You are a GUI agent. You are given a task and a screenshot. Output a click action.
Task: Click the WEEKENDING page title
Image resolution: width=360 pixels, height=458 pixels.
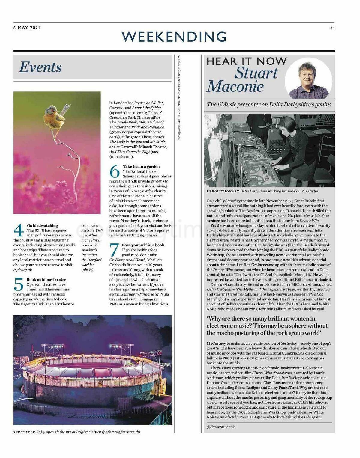pos(174,37)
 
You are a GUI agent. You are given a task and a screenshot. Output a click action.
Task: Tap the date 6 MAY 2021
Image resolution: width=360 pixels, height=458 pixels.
pos(27,28)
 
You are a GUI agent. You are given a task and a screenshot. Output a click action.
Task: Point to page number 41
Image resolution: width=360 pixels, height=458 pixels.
pos(332,28)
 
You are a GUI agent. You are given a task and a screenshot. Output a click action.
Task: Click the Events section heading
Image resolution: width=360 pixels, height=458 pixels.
pos(40,67)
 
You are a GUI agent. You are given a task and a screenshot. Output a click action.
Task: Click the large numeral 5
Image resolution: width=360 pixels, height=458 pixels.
pos(19,284)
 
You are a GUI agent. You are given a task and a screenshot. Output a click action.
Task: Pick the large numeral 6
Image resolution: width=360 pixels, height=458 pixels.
pos(115,171)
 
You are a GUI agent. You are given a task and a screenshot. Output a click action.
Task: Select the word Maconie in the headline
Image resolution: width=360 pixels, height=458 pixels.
pos(235,86)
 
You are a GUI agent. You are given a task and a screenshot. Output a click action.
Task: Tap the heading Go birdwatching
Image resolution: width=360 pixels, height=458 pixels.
pos(42,225)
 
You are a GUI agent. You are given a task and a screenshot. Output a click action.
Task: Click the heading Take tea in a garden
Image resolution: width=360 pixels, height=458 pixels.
pos(141,166)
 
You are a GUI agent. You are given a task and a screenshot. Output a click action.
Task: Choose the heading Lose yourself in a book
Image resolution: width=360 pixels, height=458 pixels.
pos(143,245)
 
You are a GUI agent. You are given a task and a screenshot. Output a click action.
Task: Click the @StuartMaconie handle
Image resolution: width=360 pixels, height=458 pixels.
pos(221,427)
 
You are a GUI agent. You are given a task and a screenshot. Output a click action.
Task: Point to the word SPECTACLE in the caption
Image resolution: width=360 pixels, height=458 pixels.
pos(24,432)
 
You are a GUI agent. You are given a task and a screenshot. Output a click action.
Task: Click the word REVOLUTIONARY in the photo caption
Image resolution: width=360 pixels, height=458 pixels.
pos(223,191)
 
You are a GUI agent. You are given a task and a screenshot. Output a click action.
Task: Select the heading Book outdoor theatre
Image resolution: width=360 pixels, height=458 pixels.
pos(46,279)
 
